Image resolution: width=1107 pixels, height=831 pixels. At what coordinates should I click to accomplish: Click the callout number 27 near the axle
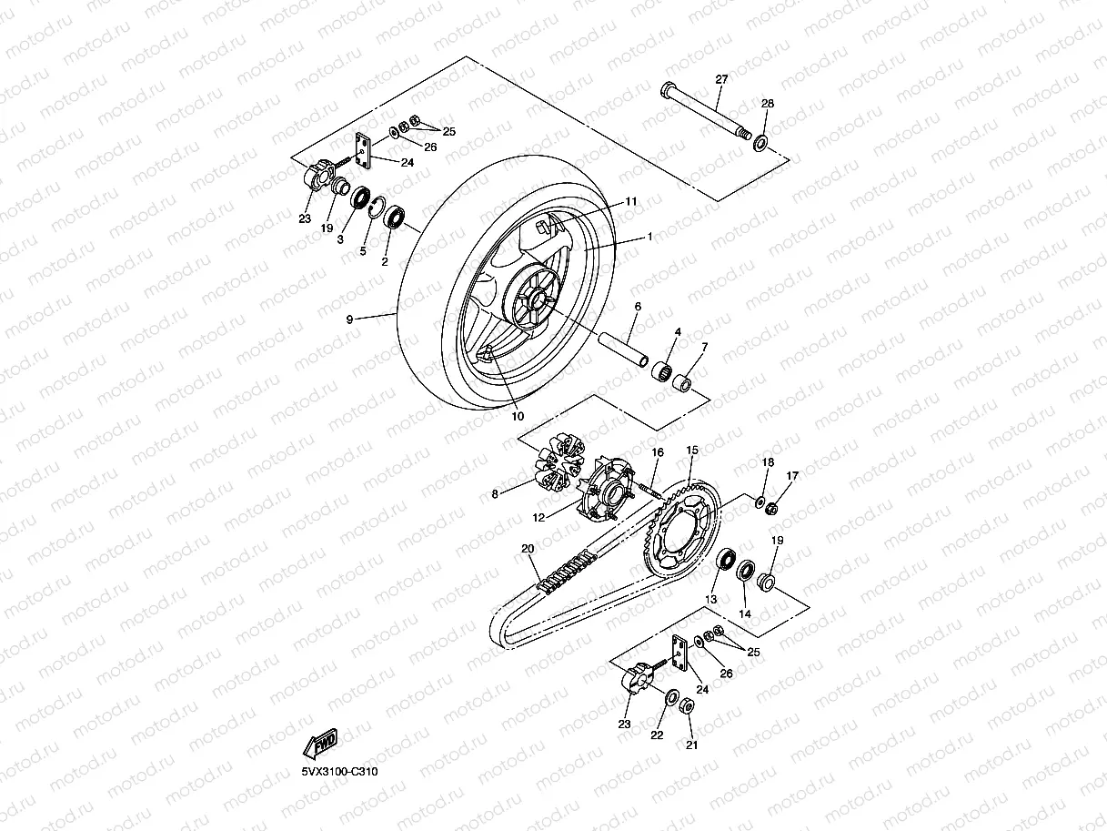[721, 80]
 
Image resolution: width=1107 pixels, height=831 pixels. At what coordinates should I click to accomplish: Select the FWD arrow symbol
[322, 745]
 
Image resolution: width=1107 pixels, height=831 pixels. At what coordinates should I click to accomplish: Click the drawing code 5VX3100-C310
[339, 771]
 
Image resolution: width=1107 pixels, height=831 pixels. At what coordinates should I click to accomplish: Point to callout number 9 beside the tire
[349, 319]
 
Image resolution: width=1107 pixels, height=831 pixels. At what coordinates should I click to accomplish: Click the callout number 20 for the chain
[526, 548]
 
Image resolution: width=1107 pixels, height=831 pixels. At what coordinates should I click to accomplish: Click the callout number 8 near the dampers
[496, 494]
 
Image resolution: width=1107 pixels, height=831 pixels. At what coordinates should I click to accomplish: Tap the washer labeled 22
[673, 700]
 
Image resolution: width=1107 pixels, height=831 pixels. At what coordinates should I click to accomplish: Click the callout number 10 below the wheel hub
[518, 416]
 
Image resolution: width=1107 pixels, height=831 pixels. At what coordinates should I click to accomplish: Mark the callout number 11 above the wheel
[631, 201]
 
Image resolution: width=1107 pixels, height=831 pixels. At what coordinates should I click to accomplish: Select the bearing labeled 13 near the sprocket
[728, 560]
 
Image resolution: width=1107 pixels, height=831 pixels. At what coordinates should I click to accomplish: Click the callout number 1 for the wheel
[649, 236]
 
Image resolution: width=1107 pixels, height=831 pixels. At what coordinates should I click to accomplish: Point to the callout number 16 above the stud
[658, 452]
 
